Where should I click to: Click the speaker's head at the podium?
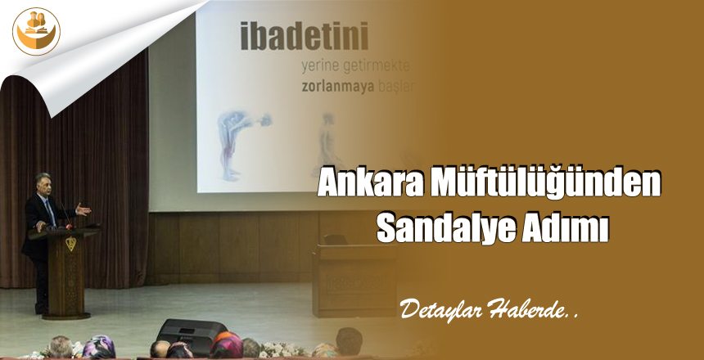(x=40, y=184)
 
